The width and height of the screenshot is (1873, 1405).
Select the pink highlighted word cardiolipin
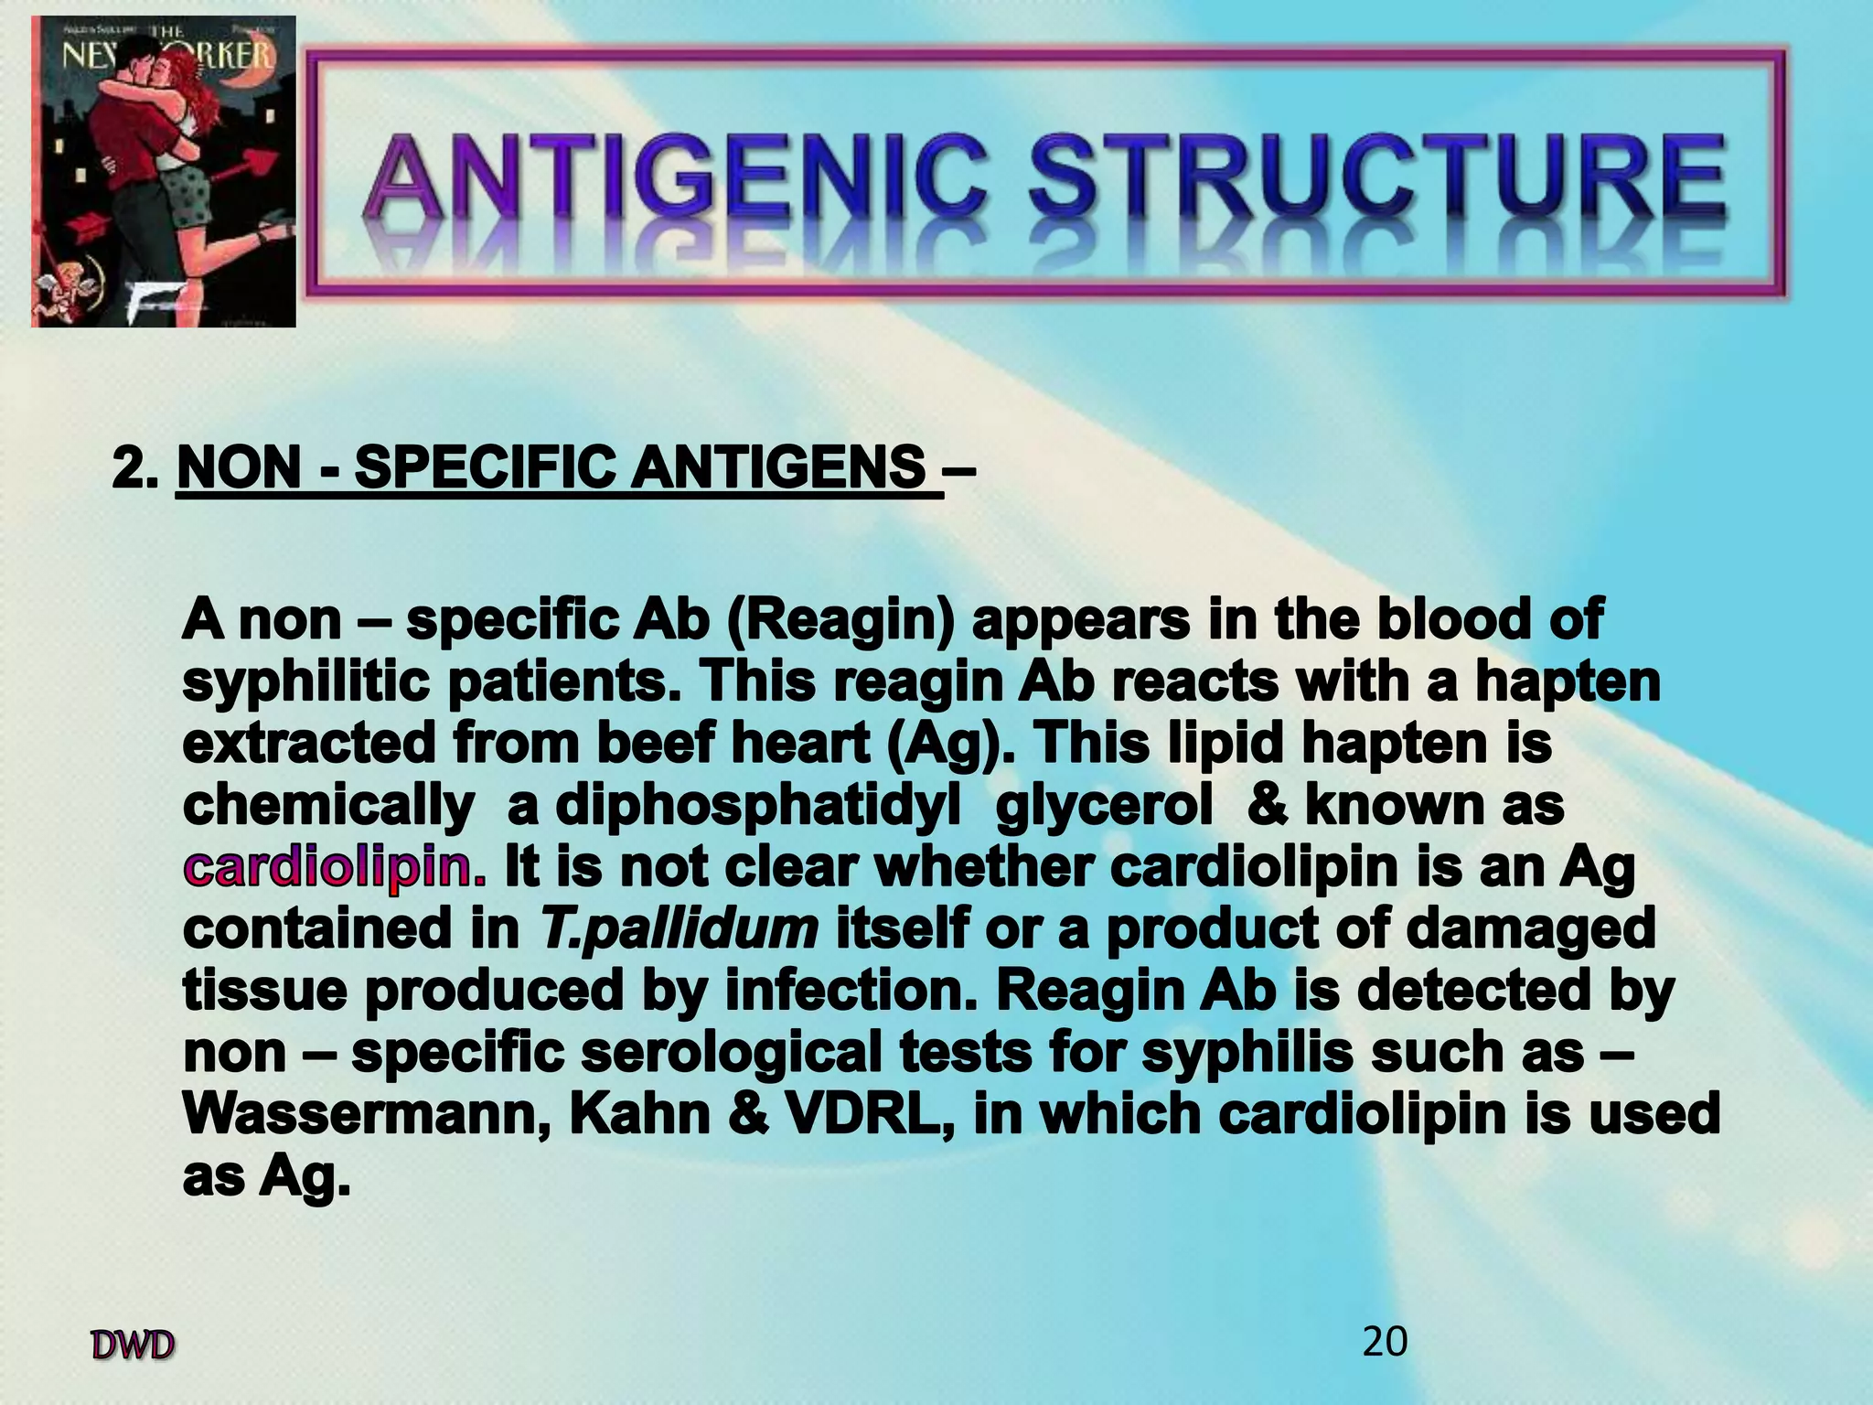[x=335, y=867]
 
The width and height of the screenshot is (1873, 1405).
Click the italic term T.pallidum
[x=679, y=929]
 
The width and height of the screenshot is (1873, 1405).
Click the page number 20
[x=1385, y=1342]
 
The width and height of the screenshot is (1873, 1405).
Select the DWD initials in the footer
[x=133, y=1346]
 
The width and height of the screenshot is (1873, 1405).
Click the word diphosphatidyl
[x=758, y=806]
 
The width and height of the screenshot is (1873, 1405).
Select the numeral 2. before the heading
[x=136, y=467]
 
